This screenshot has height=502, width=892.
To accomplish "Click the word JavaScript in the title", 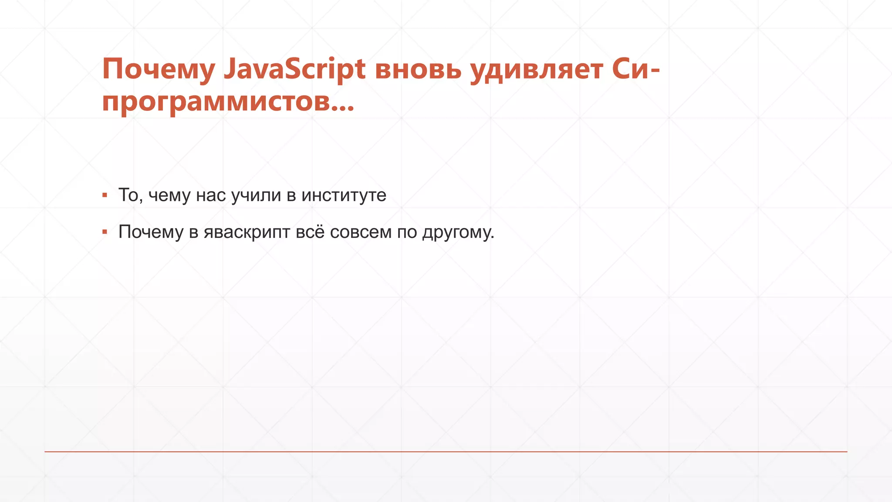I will [x=294, y=70].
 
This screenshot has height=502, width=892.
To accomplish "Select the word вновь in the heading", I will [x=418, y=70].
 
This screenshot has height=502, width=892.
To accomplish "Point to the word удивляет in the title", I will [x=537, y=70].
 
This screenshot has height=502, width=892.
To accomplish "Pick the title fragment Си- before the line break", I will [x=636, y=70].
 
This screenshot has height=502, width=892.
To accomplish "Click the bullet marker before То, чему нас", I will [x=105, y=195].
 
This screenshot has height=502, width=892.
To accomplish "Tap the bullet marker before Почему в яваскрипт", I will [x=105, y=232].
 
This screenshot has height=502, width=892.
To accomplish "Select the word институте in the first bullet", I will [x=344, y=195].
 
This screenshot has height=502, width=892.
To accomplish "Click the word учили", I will [x=256, y=195].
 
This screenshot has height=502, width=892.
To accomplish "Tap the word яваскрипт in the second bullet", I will [x=247, y=232].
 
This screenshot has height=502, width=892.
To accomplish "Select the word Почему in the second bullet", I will [x=151, y=232].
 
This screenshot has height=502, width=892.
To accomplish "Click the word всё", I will [x=310, y=232].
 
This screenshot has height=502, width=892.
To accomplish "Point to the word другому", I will [x=458, y=232].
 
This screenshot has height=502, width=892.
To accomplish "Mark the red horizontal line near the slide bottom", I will [x=446, y=451].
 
